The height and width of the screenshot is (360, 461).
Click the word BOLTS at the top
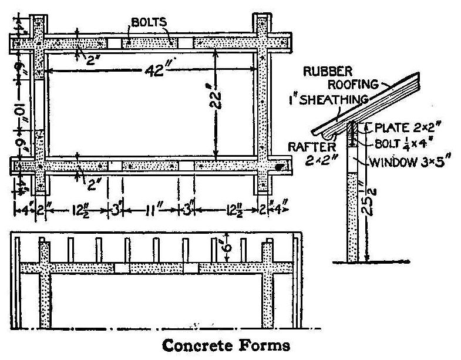(x=149, y=22)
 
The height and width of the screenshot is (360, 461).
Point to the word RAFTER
(x=305, y=147)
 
